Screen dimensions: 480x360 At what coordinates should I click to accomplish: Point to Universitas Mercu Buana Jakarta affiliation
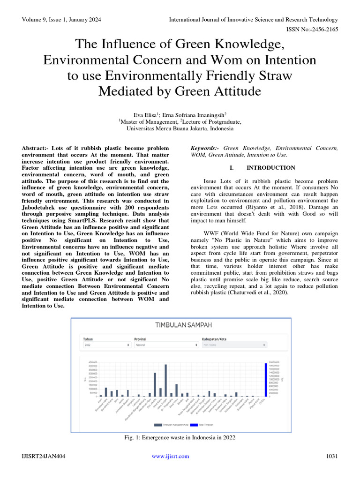(x=180, y=128)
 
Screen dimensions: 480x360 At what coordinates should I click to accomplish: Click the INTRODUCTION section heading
(x=270, y=168)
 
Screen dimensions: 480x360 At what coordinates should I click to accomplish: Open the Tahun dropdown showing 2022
(x=106, y=345)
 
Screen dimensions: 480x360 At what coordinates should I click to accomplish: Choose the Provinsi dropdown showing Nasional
(x=166, y=345)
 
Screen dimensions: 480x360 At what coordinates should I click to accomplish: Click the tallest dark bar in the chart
(x=165, y=380)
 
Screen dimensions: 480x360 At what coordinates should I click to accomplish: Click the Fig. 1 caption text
(x=180, y=437)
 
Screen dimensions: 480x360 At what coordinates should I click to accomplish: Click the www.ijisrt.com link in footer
(x=171, y=456)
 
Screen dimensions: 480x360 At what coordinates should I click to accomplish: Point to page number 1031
(x=331, y=456)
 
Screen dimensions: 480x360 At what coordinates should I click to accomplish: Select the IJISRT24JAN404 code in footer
(x=42, y=456)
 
